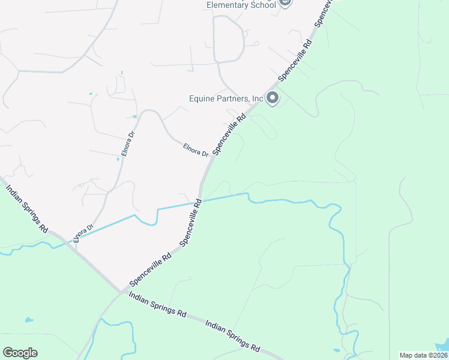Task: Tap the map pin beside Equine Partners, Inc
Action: (272, 97)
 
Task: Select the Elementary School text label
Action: (241, 5)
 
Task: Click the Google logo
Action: (20, 353)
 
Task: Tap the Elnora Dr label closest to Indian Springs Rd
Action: (83, 233)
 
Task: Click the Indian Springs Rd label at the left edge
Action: (26, 208)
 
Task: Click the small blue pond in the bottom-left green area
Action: (27, 320)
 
